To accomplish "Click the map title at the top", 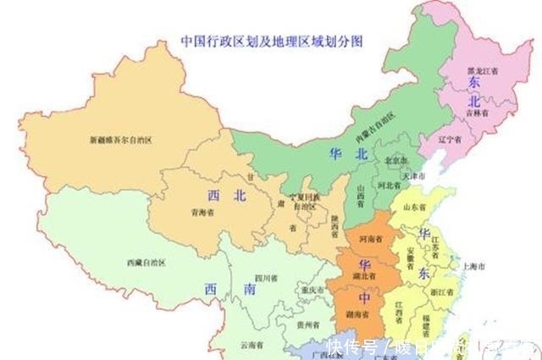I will (277, 40).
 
